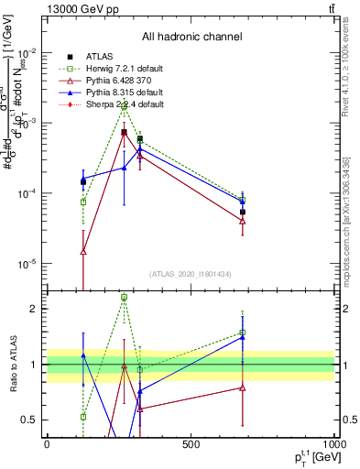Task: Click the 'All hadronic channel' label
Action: click(191, 38)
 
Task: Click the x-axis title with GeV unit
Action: click(311, 457)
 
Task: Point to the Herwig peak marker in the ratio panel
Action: click(124, 298)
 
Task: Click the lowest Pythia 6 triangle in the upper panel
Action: click(83, 251)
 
